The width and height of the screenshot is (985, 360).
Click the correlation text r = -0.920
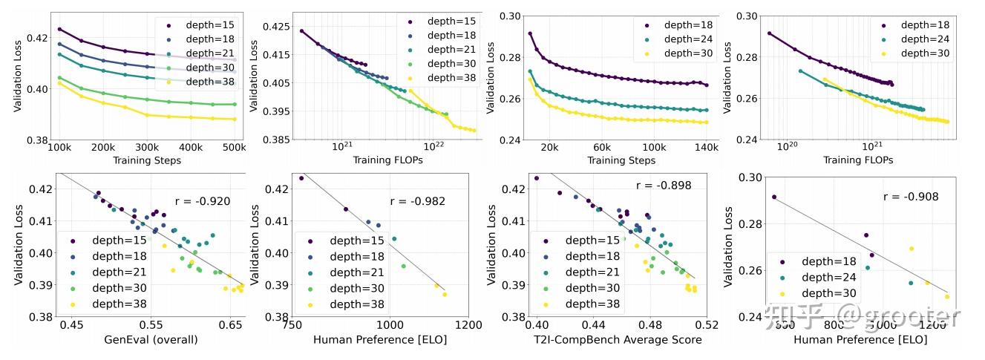[x=203, y=200]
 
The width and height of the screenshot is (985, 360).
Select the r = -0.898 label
[x=664, y=186]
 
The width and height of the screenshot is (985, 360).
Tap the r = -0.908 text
[x=911, y=197]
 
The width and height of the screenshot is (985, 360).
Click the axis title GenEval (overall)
[x=151, y=340]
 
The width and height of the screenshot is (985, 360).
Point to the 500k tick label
[x=234, y=147]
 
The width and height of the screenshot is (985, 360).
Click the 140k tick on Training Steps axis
[x=705, y=147]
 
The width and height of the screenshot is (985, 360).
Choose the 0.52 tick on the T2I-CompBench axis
[x=707, y=325]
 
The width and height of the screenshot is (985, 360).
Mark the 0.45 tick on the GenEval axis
[x=72, y=325]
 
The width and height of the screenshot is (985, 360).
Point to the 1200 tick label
[x=468, y=325]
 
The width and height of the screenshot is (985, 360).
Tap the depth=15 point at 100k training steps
[x=59, y=29]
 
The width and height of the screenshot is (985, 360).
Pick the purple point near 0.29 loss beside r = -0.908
[x=773, y=197]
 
